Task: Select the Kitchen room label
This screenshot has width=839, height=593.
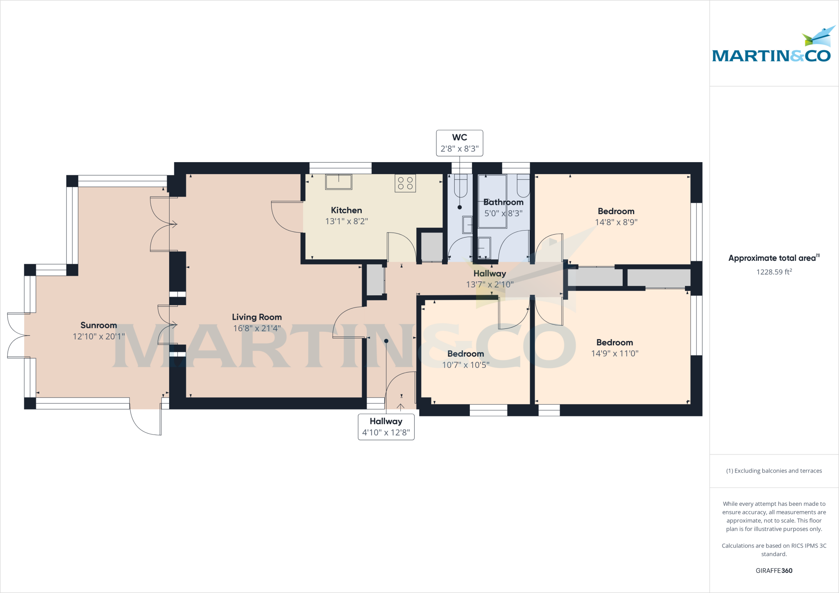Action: [346, 210]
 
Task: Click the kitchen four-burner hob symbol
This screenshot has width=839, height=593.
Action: [405, 183]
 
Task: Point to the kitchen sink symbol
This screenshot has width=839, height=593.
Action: [338, 182]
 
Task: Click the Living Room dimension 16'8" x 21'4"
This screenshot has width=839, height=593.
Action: [256, 328]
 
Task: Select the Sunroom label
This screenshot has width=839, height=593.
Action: [99, 325]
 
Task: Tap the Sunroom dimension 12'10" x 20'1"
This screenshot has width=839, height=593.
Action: [99, 337]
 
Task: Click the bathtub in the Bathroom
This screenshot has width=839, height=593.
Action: [492, 201]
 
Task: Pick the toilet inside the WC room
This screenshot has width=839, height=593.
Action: [460, 186]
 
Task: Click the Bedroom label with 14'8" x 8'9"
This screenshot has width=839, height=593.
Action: [616, 211]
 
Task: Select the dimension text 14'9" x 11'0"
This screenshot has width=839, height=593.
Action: [615, 353]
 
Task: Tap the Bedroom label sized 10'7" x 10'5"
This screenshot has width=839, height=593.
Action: [465, 354]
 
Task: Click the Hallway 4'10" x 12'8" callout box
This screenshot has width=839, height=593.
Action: [386, 427]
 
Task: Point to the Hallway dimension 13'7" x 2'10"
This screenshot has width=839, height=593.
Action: [490, 285]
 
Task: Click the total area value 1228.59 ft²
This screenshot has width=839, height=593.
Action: [774, 272]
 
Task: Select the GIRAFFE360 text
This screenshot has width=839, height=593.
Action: [774, 570]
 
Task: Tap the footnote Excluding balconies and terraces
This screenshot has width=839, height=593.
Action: [774, 471]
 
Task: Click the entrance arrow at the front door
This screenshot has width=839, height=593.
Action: [401, 407]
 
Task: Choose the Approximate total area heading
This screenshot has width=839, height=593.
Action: [773, 258]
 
